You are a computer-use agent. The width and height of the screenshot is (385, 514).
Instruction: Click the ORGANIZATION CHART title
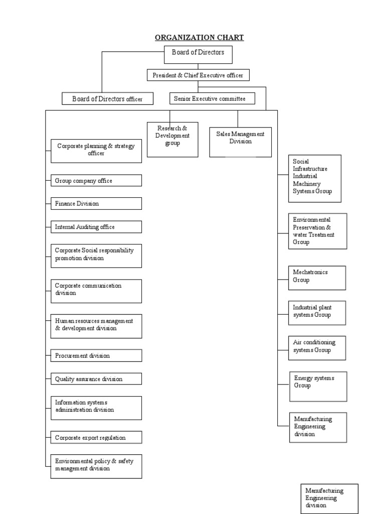point(200,38)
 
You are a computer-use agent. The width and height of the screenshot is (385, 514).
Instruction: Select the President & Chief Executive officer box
point(198,75)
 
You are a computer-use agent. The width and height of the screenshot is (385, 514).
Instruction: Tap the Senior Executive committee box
point(212,99)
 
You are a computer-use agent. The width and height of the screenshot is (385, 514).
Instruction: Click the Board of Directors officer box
point(107,99)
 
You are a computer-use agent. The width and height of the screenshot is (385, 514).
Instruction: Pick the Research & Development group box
point(172,139)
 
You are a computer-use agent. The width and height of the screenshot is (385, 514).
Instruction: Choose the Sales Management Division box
point(240,142)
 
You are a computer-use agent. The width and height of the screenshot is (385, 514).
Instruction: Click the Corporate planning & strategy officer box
point(96,151)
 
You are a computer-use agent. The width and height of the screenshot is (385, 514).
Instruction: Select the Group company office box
point(96,181)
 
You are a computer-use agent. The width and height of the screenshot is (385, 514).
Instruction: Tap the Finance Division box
point(96,204)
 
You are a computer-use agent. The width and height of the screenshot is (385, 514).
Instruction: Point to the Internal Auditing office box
point(96,227)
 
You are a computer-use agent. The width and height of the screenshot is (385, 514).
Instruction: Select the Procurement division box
point(96,356)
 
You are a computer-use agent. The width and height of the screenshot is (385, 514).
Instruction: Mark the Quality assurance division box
point(96,379)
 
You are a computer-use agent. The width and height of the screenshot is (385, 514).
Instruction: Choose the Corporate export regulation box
point(96,438)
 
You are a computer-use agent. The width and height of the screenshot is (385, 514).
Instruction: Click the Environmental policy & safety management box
point(96,466)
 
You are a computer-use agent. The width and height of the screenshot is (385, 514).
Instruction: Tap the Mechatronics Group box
point(317,278)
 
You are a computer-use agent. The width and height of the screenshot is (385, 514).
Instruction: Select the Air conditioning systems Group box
point(317,348)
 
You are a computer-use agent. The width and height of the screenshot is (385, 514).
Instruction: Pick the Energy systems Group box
point(318,386)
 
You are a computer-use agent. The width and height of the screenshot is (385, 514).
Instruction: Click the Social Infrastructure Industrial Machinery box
point(315,178)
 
